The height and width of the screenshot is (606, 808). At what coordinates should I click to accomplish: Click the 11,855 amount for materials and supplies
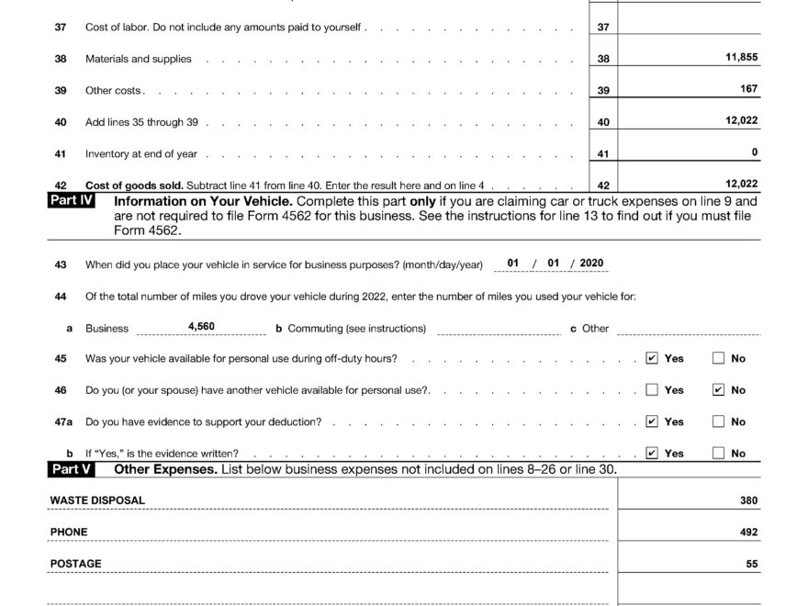click(x=741, y=57)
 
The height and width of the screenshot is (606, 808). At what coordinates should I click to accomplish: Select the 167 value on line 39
click(x=748, y=89)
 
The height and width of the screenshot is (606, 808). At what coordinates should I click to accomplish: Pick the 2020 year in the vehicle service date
click(x=591, y=264)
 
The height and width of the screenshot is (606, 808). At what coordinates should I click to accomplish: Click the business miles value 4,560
click(x=201, y=326)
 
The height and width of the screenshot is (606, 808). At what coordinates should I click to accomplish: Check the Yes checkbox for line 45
click(x=652, y=358)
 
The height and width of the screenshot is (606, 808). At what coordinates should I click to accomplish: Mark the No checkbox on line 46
click(x=718, y=390)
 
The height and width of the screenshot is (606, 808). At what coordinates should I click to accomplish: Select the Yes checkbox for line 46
click(x=652, y=390)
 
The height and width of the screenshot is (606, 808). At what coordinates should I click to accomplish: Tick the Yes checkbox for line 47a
click(x=652, y=421)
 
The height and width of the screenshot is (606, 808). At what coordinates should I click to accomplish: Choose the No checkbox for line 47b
click(x=718, y=453)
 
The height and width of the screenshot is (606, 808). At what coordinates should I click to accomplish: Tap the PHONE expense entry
click(x=69, y=532)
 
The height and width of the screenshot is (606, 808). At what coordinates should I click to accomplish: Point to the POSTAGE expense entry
click(x=75, y=564)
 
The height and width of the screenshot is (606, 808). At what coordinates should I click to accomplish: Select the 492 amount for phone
click(x=748, y=533)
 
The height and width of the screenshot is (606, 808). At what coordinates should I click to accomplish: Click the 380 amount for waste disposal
click(x=748, y=501)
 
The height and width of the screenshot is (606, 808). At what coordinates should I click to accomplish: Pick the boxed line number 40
click(x=602, y=122)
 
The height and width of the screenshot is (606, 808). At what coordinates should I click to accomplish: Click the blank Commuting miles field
click(x=499, y=328)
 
